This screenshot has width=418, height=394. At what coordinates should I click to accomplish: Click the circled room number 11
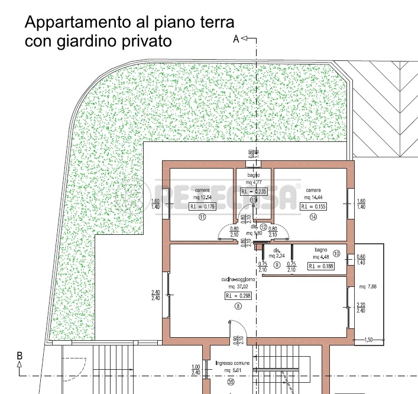202,217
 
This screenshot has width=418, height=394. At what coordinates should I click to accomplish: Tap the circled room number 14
313,217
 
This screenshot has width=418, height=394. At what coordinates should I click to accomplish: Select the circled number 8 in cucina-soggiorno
238,306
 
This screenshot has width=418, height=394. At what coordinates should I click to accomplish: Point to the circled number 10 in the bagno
337,253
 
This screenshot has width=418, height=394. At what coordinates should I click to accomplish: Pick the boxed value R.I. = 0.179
202,206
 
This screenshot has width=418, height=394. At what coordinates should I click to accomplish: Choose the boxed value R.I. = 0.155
313,206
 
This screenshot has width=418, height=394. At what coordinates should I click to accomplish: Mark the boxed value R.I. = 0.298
238,295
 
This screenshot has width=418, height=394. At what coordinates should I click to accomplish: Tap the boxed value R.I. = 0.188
321,266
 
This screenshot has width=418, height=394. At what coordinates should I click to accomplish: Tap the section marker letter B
20,356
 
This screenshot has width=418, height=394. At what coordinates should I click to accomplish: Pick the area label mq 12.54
202,197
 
